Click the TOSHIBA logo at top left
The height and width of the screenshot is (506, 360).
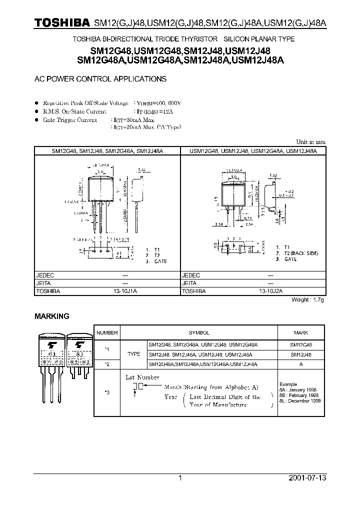click(x=61, y=23)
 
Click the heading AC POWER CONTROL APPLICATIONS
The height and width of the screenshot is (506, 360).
click(x=100, y=79)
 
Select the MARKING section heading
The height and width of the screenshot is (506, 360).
click(x=51, y=316)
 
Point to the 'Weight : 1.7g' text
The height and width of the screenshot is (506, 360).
click(x=307, y=300)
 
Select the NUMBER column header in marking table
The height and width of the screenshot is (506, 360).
click(x=107, y=332)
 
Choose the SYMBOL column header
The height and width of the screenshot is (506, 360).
click(x=199, y=332)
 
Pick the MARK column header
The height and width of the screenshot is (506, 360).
click(x=300, y=332)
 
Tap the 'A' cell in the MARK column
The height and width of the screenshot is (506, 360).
click(x=300, y=364)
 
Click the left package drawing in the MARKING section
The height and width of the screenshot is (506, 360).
click(x=51, y=365)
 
